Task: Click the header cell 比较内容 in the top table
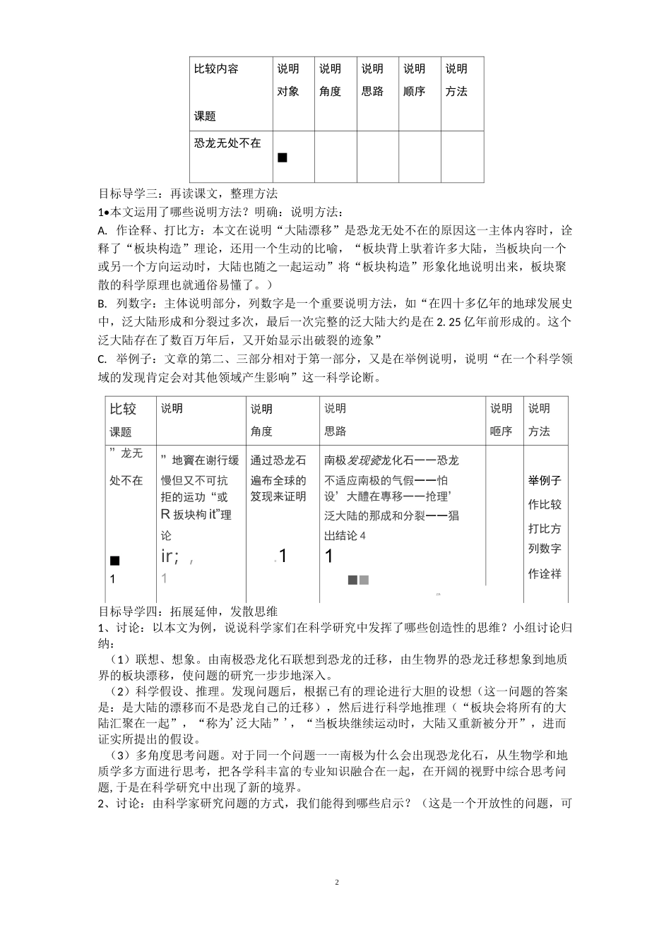[x=216, y=69]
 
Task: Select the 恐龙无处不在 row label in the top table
[x=227, y=143]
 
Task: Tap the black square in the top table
[x=283, y=157]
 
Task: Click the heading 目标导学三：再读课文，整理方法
[x=188, y=193]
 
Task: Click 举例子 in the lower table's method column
[x=544, y=481]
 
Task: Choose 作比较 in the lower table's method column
[x=544, y=504]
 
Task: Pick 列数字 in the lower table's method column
[x=544, y=549]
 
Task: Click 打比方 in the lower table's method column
[x=544, y=529]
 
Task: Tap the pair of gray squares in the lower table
[x=358, y=580]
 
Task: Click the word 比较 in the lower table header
[x=122, y=410]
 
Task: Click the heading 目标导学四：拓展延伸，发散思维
[x=188, y=611]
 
